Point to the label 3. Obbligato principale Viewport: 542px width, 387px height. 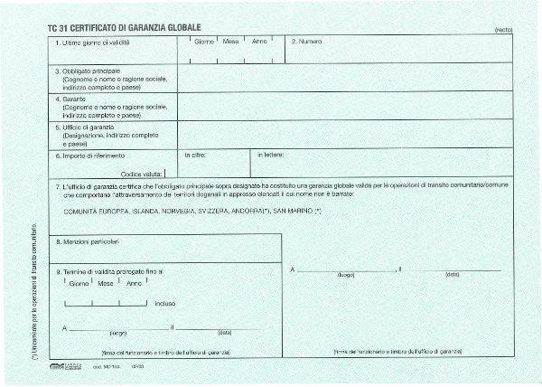coord(88,71)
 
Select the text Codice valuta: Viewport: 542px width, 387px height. coord(142,172)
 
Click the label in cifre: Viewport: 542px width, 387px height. coord(196,155)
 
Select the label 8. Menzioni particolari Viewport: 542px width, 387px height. coord(88,242)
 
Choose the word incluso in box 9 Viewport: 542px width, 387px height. coord(165,304)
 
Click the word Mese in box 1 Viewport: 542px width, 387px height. coord(232,42)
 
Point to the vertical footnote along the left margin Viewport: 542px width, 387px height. coord(33,289)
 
